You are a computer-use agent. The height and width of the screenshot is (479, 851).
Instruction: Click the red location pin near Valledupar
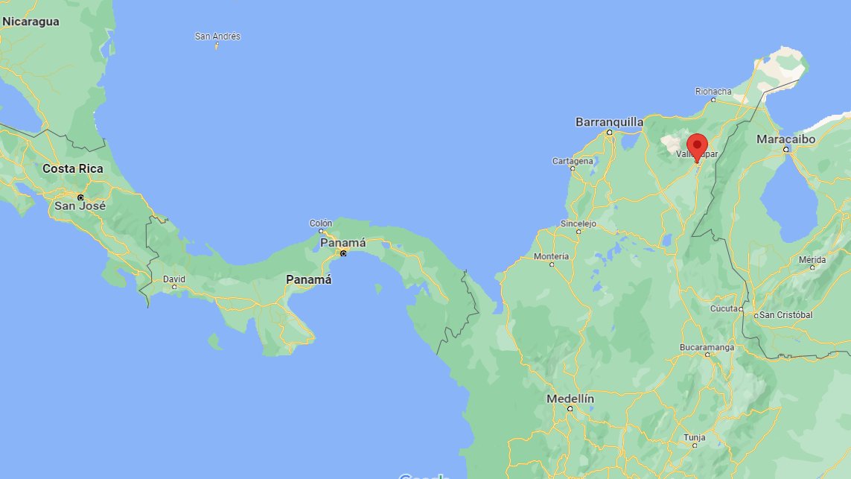point(697,145)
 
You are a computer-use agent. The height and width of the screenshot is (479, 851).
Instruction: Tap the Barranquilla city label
point(609,121)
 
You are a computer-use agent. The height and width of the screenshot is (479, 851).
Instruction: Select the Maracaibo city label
point(785,139)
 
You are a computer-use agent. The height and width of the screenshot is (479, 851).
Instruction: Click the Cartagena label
point(573,161)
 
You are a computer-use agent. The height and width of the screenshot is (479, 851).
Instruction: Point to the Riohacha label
point(713,92)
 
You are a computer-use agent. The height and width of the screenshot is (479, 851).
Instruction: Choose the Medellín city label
point(570,399)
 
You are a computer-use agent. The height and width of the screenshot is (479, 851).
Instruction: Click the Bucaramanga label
point(707,347)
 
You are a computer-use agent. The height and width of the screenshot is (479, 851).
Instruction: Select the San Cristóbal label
point(786,315)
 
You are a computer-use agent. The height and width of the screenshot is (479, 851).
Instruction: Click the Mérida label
point(812,259)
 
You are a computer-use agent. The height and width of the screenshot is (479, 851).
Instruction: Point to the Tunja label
point(694,437)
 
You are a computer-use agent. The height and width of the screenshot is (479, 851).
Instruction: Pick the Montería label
point(552,256)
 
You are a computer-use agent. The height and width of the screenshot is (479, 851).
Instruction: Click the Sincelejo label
point(579,223)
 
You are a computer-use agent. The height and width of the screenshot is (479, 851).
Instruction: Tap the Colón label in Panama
point(321,223)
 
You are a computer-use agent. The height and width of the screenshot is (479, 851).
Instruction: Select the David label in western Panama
point(174,279)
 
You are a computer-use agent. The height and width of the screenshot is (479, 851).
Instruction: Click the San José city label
point(80,206)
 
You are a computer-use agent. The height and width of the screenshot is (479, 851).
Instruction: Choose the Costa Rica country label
point(73,168)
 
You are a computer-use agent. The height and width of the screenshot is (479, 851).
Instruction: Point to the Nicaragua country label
point(31,22)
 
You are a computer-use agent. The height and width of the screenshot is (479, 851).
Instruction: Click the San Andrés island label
point(217,36)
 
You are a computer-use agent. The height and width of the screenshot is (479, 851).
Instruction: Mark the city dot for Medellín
point(570,409)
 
